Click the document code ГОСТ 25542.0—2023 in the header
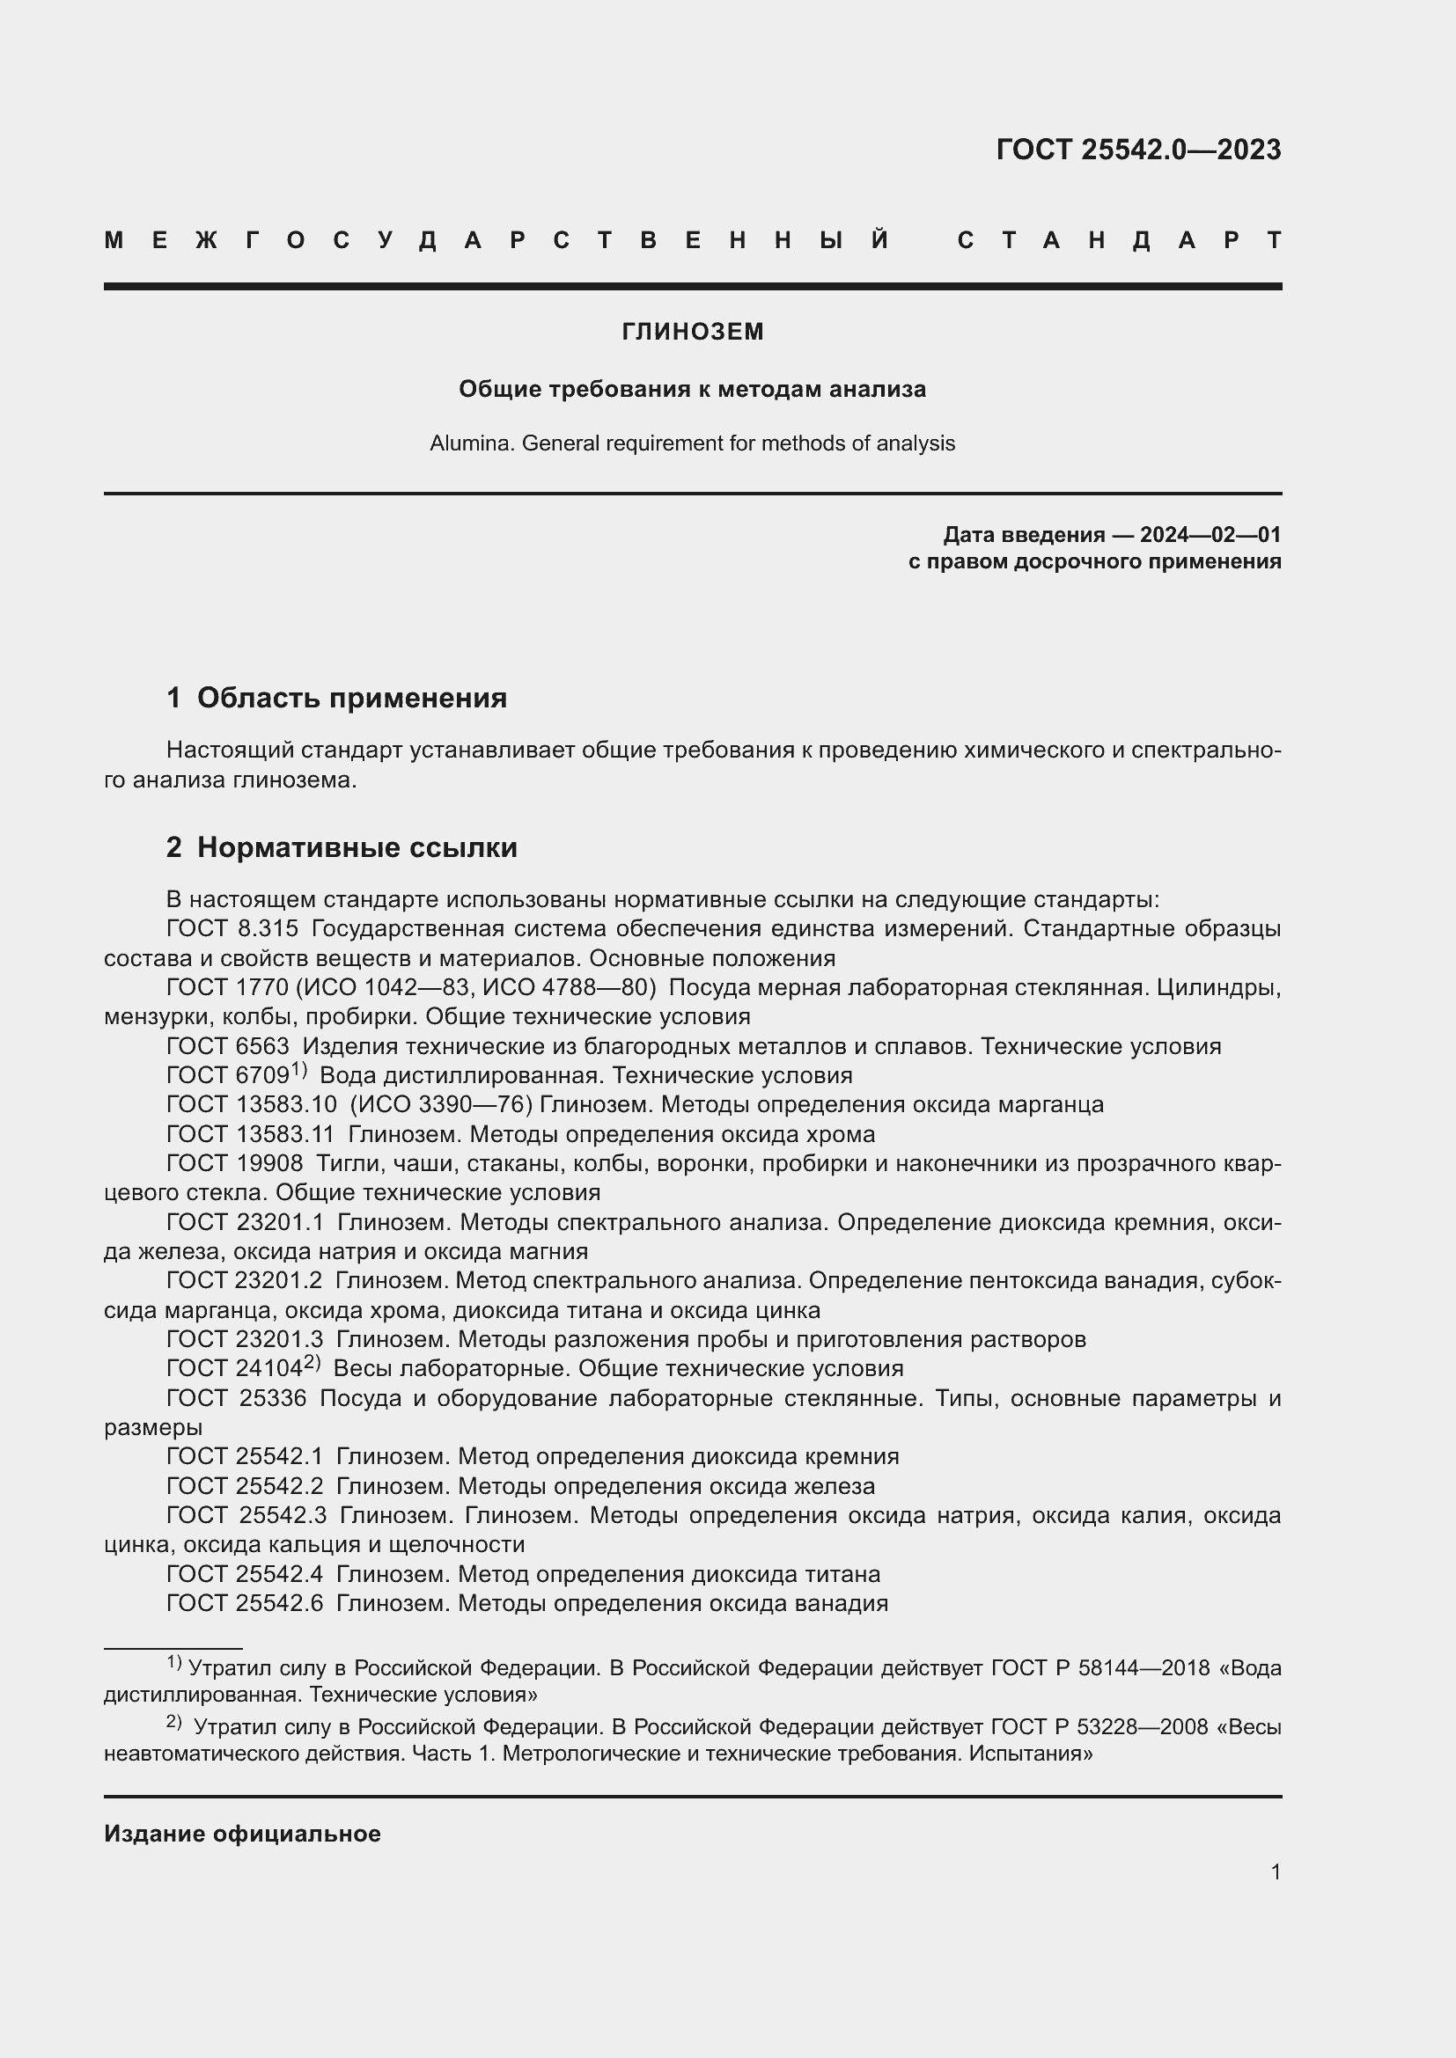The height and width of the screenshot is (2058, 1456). pos(1137,149)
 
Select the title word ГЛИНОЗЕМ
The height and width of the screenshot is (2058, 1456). pos(692,332)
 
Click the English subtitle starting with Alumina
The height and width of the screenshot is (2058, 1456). pos(692,443)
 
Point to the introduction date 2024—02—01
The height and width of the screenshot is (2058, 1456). pos(1210,535)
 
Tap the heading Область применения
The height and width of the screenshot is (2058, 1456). pos(351,698)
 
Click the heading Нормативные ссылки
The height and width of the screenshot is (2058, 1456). pos(357,847)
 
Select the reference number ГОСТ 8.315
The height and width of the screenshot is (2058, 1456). pos(232,928)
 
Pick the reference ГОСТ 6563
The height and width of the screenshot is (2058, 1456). pos(228,1046)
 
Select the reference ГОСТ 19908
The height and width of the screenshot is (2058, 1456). pos(235,1163)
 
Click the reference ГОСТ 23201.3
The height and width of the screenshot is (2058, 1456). pos(244,1339)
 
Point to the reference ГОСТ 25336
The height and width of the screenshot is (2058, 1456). pos(237,1398)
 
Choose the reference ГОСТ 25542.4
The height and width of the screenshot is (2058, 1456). pos(244,1574)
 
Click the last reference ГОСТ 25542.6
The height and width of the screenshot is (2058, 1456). pos(244,1604)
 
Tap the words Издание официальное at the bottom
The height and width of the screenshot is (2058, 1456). pos(242,1834)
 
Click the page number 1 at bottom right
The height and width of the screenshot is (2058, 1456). pos(1275,1871)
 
